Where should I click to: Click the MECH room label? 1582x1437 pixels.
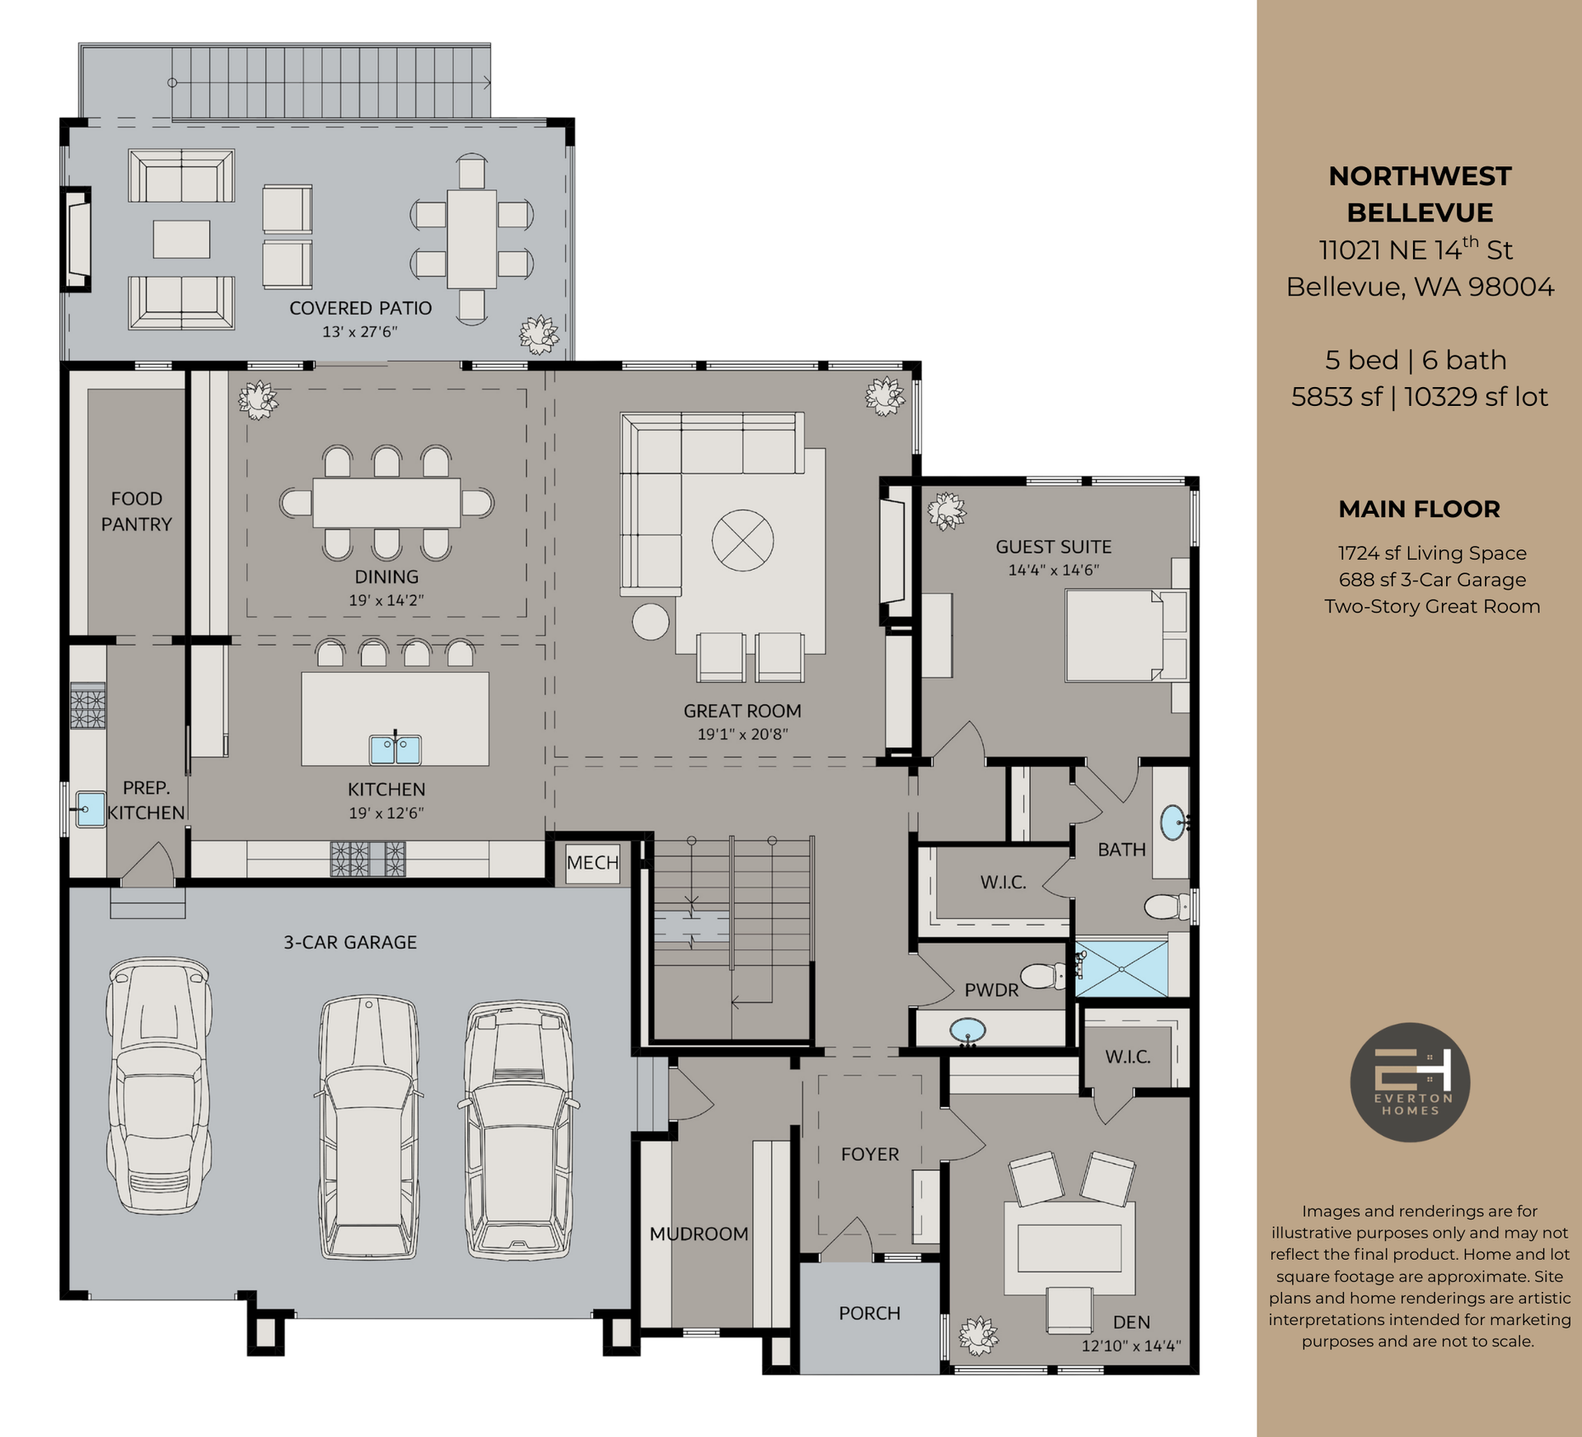pos(592,862)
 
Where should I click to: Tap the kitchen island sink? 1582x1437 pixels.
pos(395,749)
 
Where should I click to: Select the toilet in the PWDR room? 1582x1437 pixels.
pos(1048,977)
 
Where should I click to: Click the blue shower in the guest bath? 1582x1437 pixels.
pos(1121,968)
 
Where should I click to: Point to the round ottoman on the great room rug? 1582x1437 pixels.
pos(742,539)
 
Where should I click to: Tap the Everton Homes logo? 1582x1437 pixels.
pos(1410,1082)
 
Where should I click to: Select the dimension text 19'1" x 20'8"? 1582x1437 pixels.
pos(742,734)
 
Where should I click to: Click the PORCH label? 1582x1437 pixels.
pos(869,1313)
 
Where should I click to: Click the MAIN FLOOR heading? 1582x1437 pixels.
pos(1419,509)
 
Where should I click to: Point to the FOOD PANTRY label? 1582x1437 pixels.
pos(136,511)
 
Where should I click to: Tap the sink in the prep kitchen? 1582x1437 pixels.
pos(90,809)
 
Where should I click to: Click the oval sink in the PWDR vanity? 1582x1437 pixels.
pos(967,1030)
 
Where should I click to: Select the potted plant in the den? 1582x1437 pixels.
pos(978,1335)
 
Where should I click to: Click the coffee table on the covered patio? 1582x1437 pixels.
pos(181,239)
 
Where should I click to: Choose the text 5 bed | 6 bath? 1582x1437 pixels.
pos(1416,360)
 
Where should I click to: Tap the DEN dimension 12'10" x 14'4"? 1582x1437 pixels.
pos(1130,1346)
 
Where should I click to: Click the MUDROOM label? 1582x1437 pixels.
pos(699,1234)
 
